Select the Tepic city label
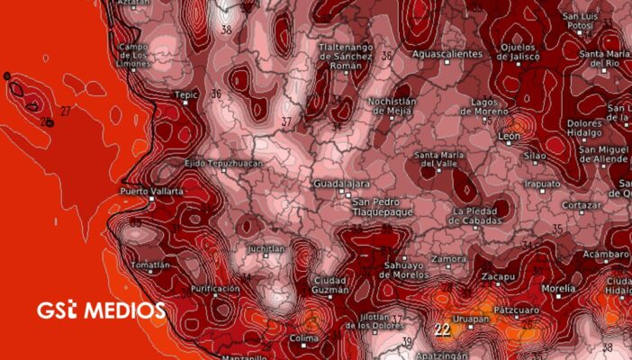[x=185, y=93]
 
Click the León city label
[x=509, y=136]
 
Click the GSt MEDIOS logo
[x=101, y=310]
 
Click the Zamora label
[x=449, y=259]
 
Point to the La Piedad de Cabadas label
[x=483, y=217]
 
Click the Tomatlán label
[x=149, y=265]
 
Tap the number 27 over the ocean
[x=65, y=111]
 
